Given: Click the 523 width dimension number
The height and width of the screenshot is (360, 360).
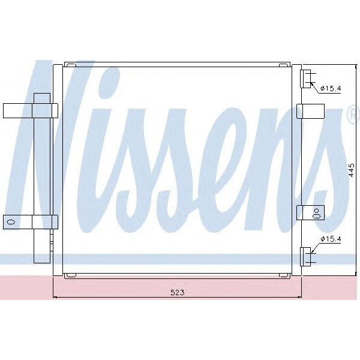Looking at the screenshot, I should (x=177, y=292).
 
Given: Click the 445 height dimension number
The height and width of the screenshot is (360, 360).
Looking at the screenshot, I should (x=352, y=171).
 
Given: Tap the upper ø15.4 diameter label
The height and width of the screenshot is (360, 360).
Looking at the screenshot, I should (x=331, y=89).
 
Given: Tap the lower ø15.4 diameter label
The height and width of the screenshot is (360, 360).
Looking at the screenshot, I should (x=331, y=240).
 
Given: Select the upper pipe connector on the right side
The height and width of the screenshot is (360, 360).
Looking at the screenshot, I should (x=307, y=79).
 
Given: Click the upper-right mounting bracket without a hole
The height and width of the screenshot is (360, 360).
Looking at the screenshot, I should (x=311, y=112).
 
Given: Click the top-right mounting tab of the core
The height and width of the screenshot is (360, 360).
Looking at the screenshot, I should (x=286, y=64).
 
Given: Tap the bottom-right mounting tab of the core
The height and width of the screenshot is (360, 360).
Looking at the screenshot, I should (x=286, y=275).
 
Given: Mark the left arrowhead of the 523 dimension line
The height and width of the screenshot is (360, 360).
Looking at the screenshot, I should (x=56, y=297).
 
